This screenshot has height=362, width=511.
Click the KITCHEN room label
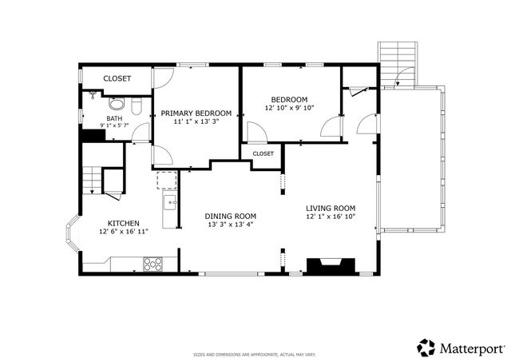pos(124,224)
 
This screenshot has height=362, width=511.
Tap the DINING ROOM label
pos(231,217)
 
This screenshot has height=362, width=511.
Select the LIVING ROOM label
pos(331,208)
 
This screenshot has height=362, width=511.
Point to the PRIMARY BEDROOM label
pos(196,113)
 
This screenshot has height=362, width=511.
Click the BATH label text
pos(114,118)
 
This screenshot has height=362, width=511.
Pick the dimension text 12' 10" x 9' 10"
pos(289,108)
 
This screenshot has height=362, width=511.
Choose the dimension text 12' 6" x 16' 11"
pos(124,231)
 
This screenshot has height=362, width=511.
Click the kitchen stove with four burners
pos(153,265)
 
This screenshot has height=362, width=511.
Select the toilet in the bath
pos(137,106)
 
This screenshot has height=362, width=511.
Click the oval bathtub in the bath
pos(117,104)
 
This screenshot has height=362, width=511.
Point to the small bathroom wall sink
pos(93,94)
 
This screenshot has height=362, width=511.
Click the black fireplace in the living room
pos(331,265)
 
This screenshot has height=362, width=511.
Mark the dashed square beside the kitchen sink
pos(167,181)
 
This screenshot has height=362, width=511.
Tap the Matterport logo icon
pos(426,348)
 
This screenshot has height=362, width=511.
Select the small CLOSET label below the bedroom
pos(263,153)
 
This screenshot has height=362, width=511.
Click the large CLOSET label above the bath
pos(117,78)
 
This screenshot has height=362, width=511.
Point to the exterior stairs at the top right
pos(398,64)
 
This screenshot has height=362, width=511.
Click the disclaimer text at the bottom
pos(255,355)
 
